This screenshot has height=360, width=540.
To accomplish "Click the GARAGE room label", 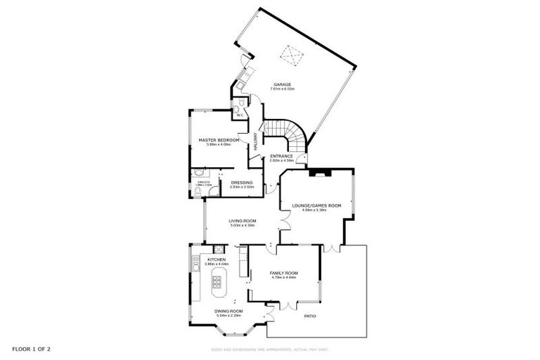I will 283,84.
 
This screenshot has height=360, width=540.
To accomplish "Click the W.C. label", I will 239,115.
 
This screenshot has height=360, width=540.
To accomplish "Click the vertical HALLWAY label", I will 256,143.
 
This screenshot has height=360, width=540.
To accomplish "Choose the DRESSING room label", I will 241,183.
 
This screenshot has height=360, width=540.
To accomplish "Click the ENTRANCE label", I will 281,156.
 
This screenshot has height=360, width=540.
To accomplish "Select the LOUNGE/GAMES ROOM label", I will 316,205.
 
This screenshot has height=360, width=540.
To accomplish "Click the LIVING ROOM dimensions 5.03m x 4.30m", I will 241,225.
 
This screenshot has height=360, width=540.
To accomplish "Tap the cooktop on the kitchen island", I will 217,283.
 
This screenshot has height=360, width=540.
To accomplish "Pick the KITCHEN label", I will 217,259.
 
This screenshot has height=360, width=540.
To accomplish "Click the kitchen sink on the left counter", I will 196,266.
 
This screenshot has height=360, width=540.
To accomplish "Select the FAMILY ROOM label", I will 284,272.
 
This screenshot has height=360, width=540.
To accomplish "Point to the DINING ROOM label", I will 228,311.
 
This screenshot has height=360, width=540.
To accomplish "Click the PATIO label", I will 309,316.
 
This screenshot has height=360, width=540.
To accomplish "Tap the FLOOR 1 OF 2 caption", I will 30,349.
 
